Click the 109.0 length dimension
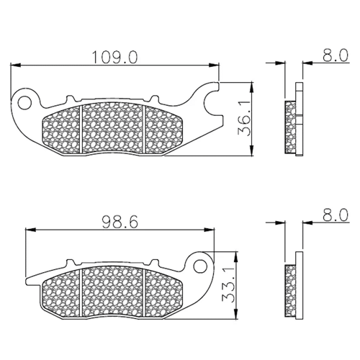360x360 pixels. tap(115, 58)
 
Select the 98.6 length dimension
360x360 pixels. tap(120, 222)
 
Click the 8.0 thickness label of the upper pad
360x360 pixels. tap(335, 55)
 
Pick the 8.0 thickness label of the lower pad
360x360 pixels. tap(335, 215)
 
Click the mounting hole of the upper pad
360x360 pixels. tap(24, 103)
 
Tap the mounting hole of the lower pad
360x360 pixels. tap(200, 266)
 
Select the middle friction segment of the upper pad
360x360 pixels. tap(112, 127)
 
